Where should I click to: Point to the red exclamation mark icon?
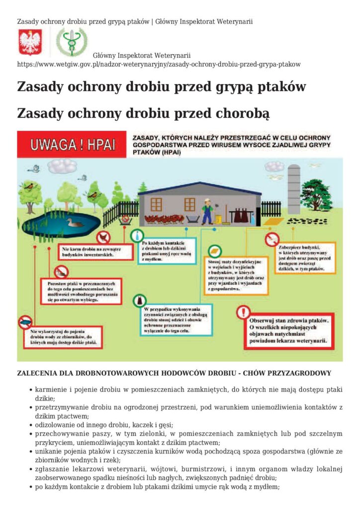(x=243, y=312)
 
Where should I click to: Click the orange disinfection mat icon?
(x=215, y=251)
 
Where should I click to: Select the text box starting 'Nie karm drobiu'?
(x=96, y=252)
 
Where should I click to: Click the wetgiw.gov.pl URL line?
(x=159, y=65)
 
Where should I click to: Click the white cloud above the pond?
(x=62, y=166)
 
